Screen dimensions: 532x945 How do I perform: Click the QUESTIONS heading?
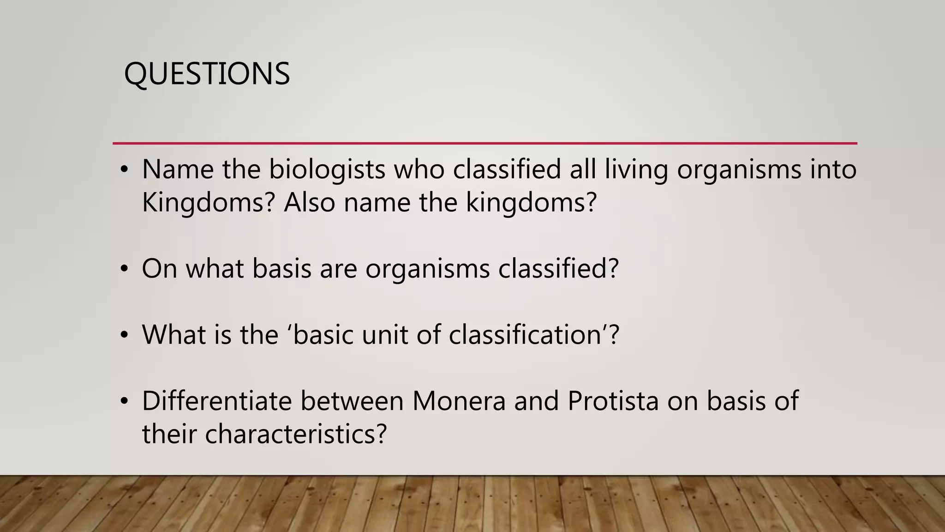coord(207,74)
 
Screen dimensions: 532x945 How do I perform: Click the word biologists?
coord(327,169)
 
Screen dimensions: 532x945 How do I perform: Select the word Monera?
coord(459,401)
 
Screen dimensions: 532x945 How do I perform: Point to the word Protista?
coord(613,401)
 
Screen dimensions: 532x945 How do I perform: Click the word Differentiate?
coord(217,401)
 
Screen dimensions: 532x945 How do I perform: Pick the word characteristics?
coord(296,434)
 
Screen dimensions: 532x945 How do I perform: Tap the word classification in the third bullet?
coord(524,334)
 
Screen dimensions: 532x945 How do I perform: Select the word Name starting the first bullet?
coord(178,169)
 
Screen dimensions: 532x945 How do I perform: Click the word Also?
coord(309,202)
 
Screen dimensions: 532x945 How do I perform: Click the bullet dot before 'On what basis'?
coord(124,269)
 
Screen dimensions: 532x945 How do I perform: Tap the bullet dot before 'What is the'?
coord(124,335)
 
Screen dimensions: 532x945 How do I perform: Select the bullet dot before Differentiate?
coord(124,402)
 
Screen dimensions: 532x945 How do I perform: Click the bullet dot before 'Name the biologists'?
coord(124,170)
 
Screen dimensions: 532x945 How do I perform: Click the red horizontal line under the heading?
coord(484,143)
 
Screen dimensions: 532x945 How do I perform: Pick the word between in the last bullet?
coord(352,401)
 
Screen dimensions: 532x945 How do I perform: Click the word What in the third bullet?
coord(173,334)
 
